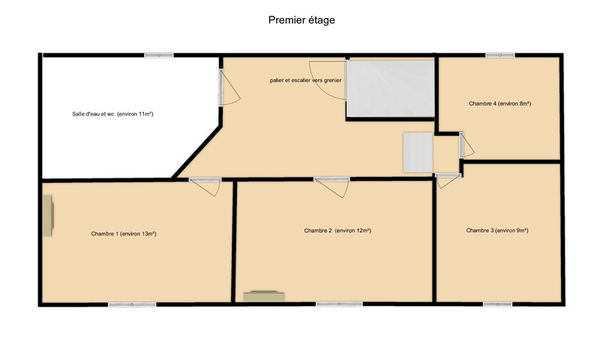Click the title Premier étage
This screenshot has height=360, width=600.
coord(301,20)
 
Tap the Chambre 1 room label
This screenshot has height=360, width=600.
coord(124,234)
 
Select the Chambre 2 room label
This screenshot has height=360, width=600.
coord(337,231)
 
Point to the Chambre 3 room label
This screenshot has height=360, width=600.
coord(497,230)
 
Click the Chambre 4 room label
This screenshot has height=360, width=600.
coord(499,103)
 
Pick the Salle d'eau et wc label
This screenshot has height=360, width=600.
coord(112,114)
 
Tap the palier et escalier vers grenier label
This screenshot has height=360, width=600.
coord(305,80)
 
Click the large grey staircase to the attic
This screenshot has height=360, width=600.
coord(390,88)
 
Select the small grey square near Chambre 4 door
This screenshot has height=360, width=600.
coord(418,152)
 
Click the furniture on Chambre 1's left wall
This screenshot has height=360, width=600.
coord(48,216)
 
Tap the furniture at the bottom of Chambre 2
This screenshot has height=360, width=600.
coord(264,296)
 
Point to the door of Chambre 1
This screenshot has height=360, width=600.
coord(205,187)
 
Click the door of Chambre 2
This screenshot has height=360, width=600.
coord(331,187)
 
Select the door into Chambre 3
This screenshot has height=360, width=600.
coord(448,181)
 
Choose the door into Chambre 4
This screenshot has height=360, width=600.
coord(466,145)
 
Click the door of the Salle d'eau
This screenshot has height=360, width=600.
coord(229,87)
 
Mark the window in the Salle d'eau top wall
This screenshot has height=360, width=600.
coord(159,55)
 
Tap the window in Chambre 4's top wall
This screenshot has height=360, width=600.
coord(500,55)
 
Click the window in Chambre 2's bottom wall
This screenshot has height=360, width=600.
coord(340,304)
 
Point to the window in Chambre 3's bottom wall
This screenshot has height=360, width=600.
coord(498,304)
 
